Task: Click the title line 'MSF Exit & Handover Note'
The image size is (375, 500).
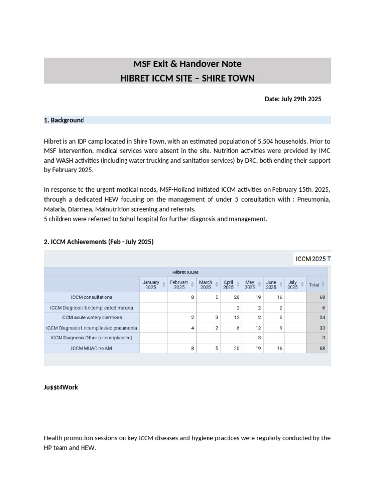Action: tap(187, 64)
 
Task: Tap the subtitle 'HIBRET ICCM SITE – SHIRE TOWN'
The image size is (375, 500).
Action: tap(187, 78)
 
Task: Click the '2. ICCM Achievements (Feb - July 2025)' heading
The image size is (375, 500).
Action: tap(99, 241)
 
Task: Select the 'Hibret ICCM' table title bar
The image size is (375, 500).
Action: tap(186, 272)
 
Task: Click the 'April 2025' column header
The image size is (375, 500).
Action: tap(228, 285)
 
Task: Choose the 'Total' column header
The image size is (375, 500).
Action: tap(316, 285)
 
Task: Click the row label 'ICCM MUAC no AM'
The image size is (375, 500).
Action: tap(91, 348)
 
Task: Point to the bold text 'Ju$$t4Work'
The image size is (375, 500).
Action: tap(61, 387)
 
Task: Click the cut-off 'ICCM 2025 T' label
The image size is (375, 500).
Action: tap(313, 259)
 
